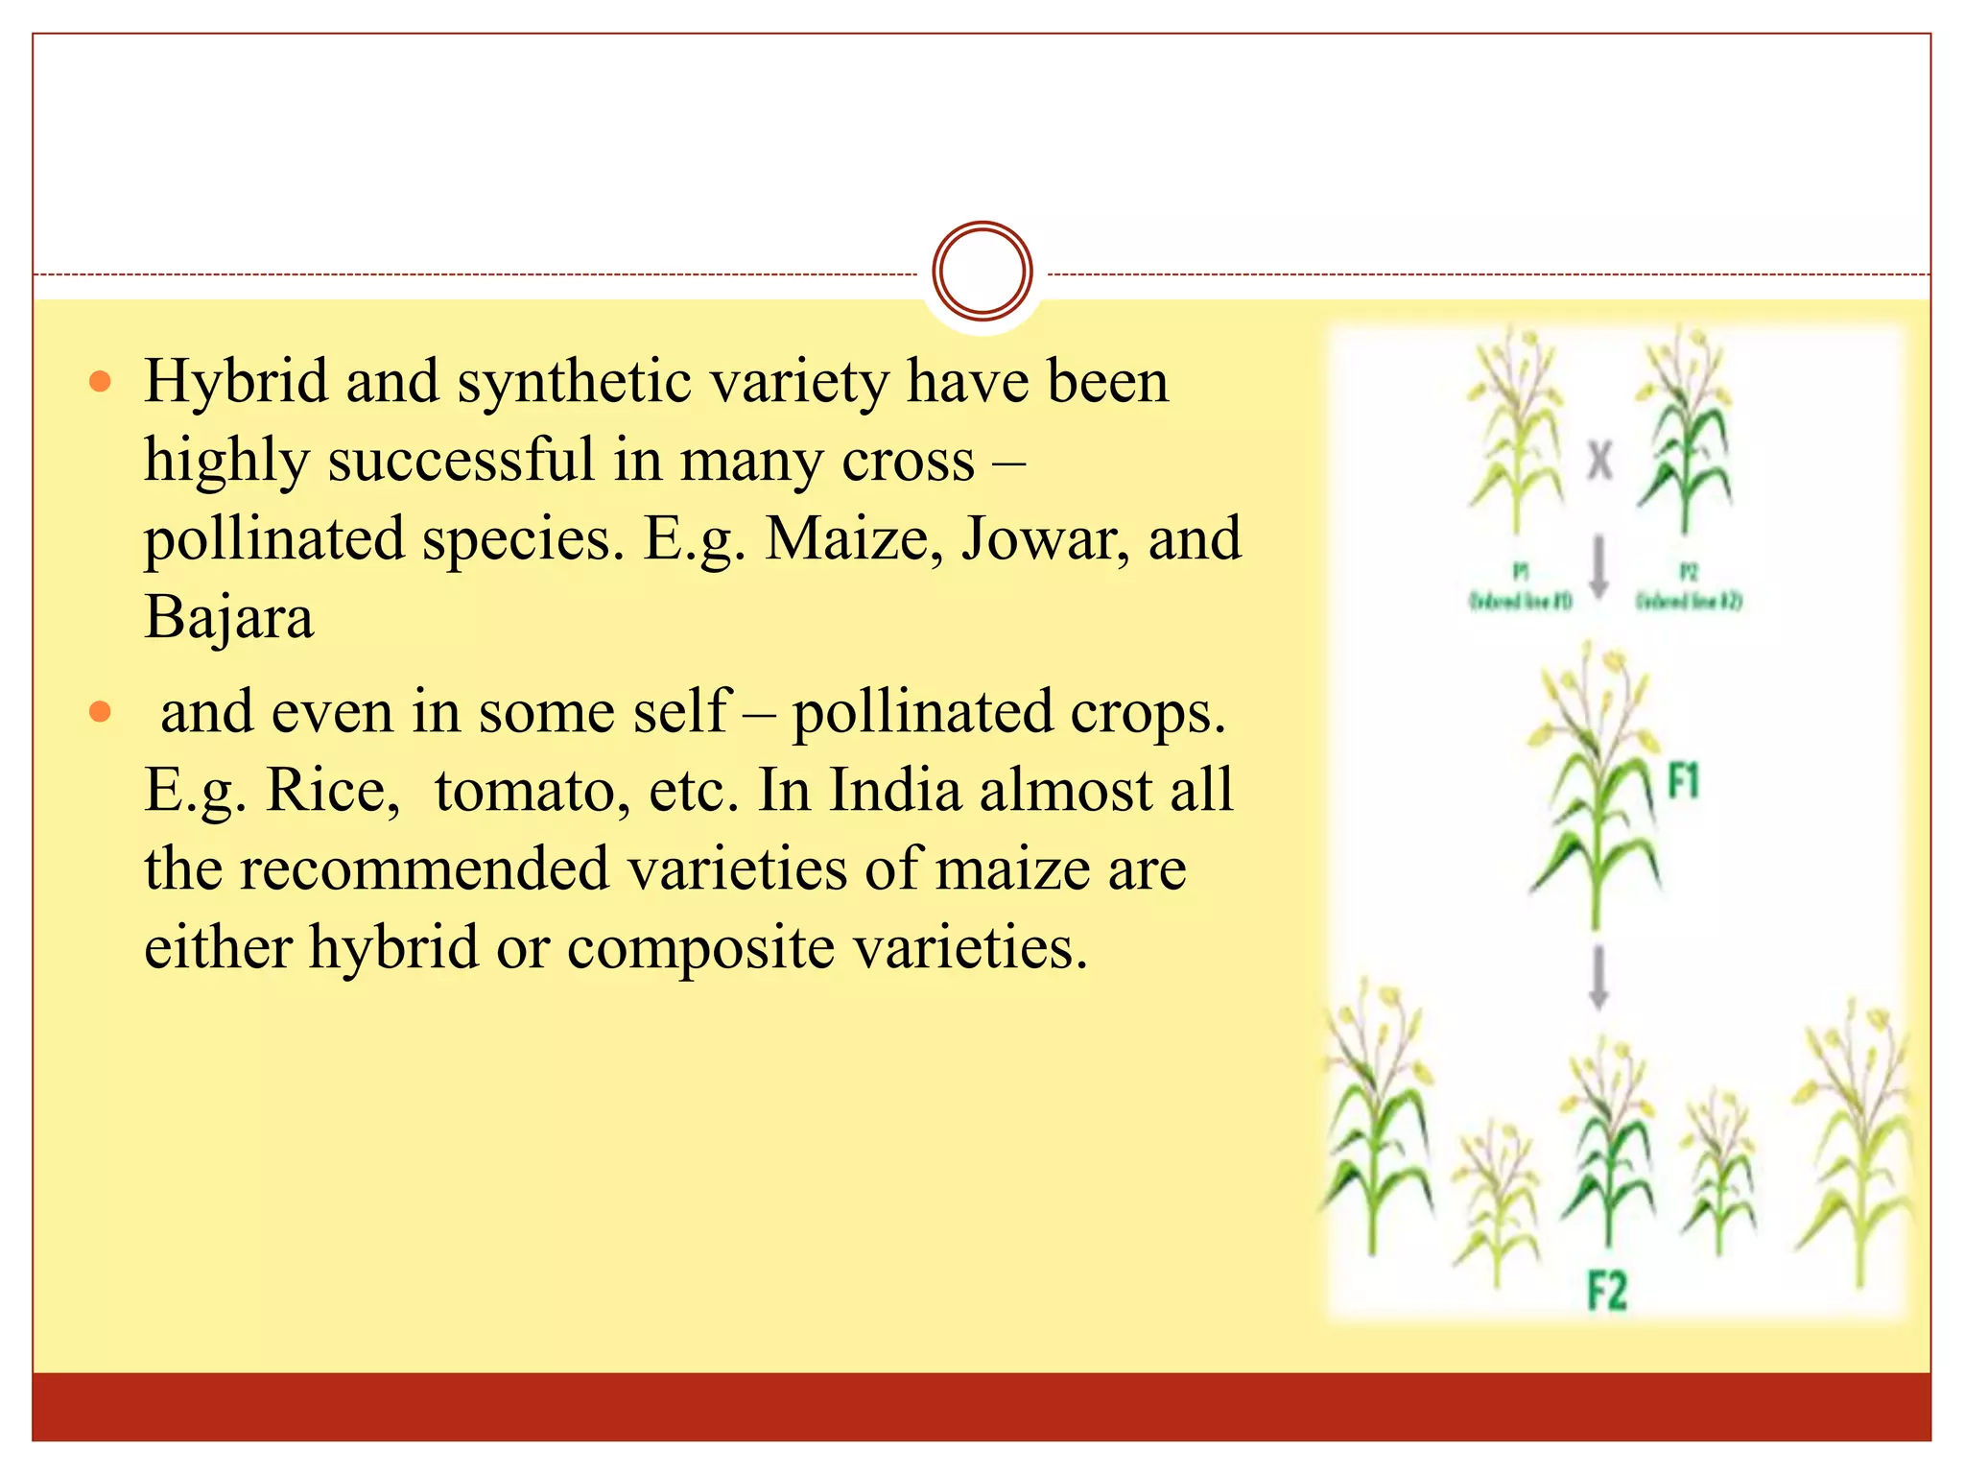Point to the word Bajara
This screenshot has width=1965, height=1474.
point(228,617)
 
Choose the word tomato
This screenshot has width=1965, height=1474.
point(532,791)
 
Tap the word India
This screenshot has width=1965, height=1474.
point(894,791)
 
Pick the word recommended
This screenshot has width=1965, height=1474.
point(424,869)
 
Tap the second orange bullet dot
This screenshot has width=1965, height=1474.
point(100,712)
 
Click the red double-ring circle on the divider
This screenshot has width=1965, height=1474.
point(982,272)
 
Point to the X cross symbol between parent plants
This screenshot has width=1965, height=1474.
point(1599,461)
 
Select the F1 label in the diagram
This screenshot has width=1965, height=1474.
point(1683,782)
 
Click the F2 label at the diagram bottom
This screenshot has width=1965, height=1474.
point(1607,1290)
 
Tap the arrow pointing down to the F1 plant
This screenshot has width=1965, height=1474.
point(1598,566)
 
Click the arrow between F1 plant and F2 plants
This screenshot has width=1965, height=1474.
point(1598,976)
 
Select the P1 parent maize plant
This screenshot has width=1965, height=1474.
point(1516,432)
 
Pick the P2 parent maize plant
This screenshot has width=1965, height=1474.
point(1684,432)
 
